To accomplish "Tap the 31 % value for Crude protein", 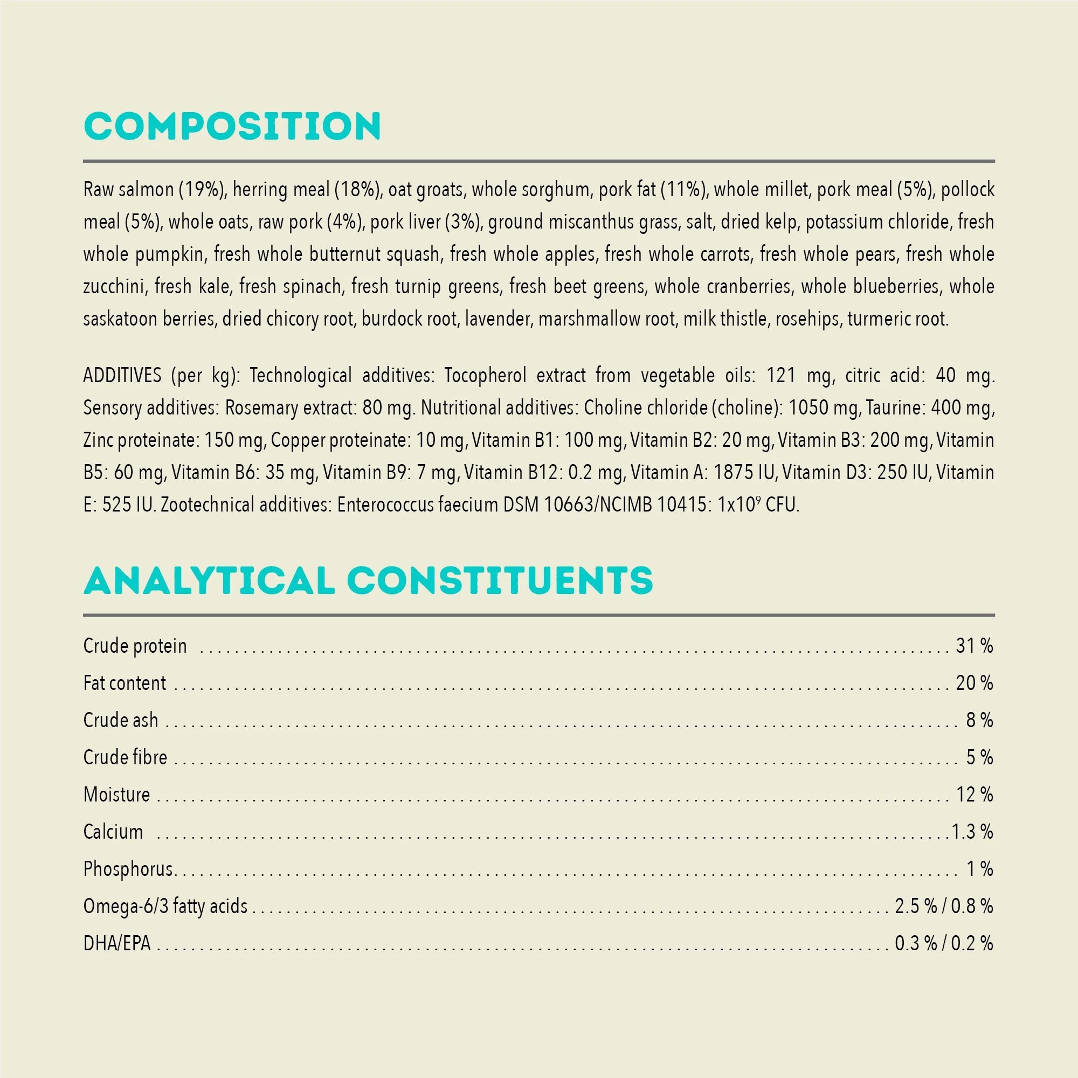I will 974,646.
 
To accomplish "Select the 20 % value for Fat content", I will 974,683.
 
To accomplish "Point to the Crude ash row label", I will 121,720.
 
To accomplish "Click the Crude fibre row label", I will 125,757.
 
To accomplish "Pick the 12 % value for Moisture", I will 974,794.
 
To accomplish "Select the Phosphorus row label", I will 128,869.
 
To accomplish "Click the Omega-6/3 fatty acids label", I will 165,906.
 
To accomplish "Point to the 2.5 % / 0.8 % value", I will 944,906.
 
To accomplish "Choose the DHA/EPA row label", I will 117,944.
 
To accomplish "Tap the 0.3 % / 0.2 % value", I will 944,944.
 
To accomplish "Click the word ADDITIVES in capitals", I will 122,376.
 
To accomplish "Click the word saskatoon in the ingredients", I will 121,319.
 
